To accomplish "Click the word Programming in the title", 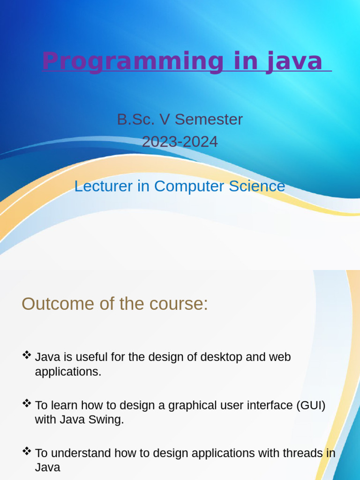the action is [133, 61].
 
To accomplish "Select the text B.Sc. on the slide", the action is [136, 119].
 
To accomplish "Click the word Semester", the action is [209, 119].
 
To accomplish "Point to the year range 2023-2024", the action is [180, 142].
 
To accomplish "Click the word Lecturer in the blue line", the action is [104, 186].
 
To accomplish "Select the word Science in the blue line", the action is [257, 186].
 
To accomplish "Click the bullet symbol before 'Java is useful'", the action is [27, 355].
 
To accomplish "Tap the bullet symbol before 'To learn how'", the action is [27, 403].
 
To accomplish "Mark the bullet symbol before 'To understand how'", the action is [27, 451].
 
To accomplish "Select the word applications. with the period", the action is [68, 372].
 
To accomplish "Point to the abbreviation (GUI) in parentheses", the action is [311, 405].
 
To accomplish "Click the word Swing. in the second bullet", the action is [106, 420].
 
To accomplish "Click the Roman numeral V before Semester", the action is [165, 120].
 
